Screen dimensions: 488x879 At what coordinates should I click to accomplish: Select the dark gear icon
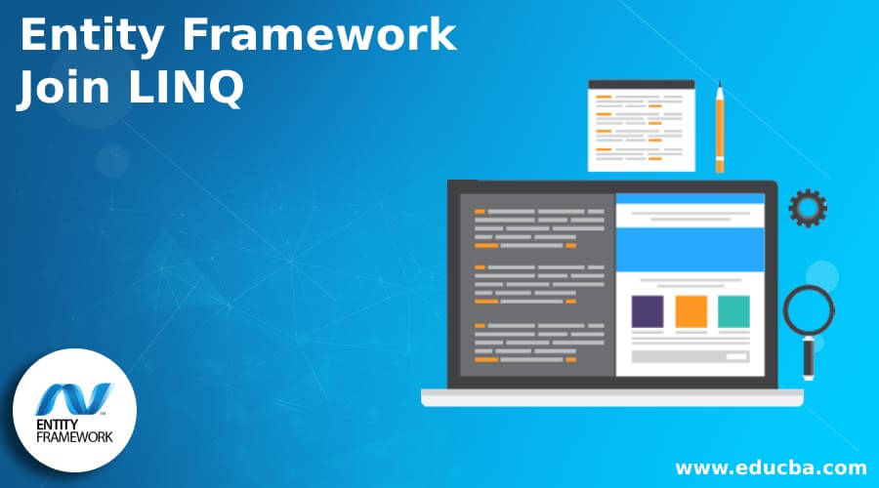point(808,208)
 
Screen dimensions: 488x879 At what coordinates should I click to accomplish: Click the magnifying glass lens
point(809,311)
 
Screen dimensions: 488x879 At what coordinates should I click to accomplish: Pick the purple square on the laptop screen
point(648,311)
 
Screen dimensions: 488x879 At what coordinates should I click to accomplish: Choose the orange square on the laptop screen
point(691,311)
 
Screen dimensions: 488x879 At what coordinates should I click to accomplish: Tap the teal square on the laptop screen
point(733,311)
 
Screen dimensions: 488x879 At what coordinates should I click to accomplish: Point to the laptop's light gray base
point(611,397)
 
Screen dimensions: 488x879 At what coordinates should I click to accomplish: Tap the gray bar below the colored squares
point(691,356)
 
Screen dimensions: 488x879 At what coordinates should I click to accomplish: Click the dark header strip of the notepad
point(641,85)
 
